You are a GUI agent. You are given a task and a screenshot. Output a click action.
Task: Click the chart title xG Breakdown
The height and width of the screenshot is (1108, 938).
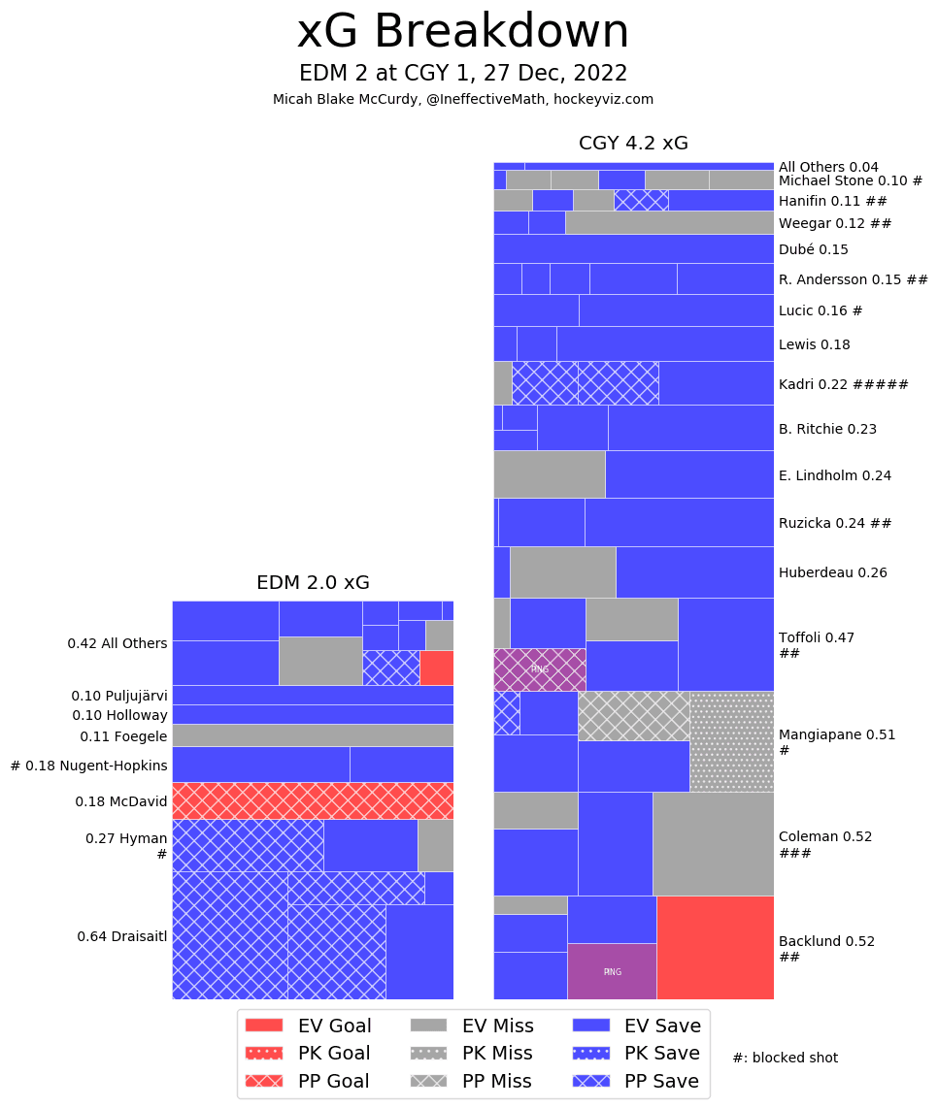pyautogui.click(x=463, y=32)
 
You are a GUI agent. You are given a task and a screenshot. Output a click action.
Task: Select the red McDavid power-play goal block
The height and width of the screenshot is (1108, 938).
pyautogui.click(x=313, y=800)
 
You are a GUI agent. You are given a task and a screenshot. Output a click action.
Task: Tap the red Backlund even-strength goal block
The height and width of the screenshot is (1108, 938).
pyautogui.click(x=716, y=947)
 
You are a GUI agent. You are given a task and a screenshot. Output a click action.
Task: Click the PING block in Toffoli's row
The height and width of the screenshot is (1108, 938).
pyautogui.click(x=539, y=669)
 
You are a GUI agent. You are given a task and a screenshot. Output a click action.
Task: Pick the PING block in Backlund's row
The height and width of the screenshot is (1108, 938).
pyautogui.click(x=612, y=971)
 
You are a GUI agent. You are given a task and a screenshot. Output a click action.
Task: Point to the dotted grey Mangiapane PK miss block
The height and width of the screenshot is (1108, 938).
pyautogui.click(x=732, y=741)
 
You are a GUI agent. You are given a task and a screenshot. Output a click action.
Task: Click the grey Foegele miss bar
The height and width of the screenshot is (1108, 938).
pyautogui.click(x=313, y=735)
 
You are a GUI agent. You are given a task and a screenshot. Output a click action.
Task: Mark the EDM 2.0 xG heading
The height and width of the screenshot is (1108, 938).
pyautogui.click(x=313, y=583)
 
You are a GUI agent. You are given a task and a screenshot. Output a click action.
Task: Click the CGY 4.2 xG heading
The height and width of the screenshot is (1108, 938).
pyautogui.click(x=633, y=144)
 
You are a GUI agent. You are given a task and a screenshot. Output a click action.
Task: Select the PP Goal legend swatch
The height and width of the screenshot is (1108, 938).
pyautogui.click(x=264, y=1081)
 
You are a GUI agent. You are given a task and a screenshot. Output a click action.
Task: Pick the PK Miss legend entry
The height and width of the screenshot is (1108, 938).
pyautogui.click(x=470, y=1053)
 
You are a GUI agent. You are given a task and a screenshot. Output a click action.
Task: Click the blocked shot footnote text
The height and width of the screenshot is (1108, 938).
pyautogui.click(x=785, y=1058)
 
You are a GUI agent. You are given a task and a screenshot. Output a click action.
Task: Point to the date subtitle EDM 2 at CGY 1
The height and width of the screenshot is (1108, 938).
pyautogui.click(x=463, y=74)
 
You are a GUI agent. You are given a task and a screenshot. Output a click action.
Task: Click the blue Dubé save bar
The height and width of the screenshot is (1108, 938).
pyautogui.click(x=633, y=248)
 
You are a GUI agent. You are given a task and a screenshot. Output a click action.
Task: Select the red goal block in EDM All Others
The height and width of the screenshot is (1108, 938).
pyautogui.click(x=436, y=668)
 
